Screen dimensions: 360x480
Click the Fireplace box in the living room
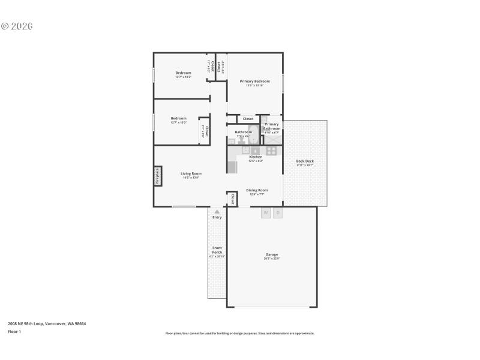(158, 176)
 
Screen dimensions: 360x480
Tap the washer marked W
(265, 212)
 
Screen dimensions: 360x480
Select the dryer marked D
(278, 212)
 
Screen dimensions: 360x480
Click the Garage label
(272, 254)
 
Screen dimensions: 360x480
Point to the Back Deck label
(305, 161)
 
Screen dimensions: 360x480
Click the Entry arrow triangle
(217, 212)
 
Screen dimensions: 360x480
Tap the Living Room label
(191, 173)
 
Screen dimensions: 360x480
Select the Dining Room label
(257, 190)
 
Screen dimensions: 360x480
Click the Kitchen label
(256, 157)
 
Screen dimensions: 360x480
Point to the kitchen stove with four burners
(271, 151)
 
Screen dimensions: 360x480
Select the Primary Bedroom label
(254, 81)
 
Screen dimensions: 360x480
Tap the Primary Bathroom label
(271, 126)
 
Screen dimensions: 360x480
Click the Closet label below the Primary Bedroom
(248, 119)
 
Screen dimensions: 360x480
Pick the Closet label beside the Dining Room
(232, 199)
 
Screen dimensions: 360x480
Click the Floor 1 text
(14, 331)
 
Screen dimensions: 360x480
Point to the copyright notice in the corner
(16, 26)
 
